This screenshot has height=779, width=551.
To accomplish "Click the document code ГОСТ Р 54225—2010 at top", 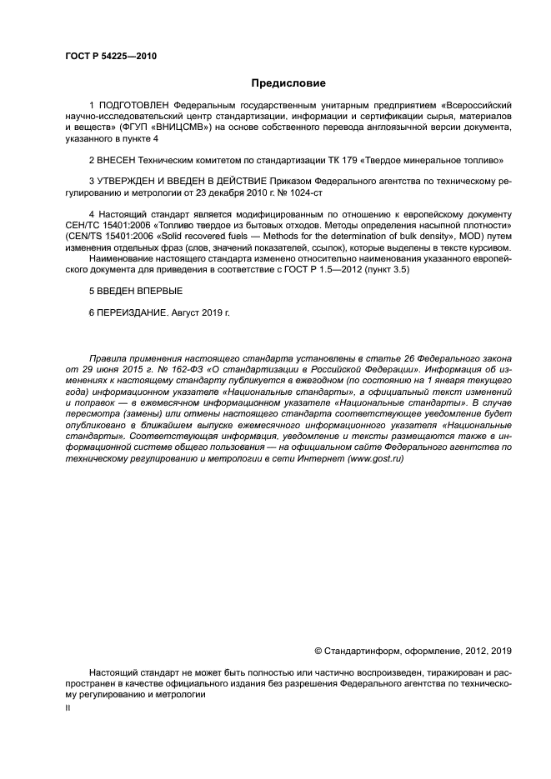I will click(x=110, y=57).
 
